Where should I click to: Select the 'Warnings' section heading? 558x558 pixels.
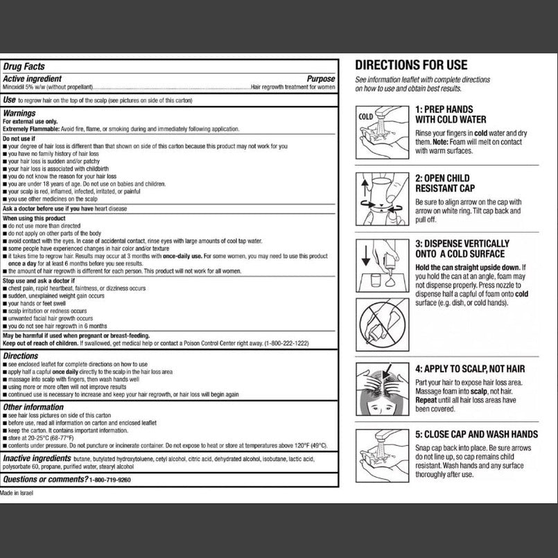pyautogui.click(x=19, y=113)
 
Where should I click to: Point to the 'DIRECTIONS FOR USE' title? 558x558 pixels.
pyautogui.click(x=411, y=65)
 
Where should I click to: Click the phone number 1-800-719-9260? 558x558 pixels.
pyautogui.click(x=110, y=480)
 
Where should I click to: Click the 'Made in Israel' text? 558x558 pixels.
pyautogui.click(x=16, y=493)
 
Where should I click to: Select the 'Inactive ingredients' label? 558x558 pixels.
pyautogui.click(x=43, y=459)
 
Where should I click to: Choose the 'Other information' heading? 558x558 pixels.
pyautogui.click(x=33, y=408)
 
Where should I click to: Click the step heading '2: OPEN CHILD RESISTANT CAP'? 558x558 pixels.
pyautogui.click(x=444, y=183)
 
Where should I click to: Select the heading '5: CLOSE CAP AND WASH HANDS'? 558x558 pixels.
pyautogui.click(x=476, y=435)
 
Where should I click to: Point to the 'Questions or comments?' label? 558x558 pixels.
pyautogui.click(x=45, y=480)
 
